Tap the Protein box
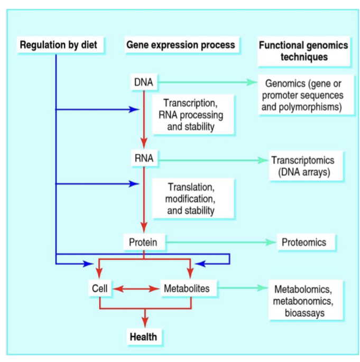point(144,243)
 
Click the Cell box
point(99,289)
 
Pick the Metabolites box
point(187,289)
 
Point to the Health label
point(144,336)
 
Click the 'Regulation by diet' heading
point(59,45)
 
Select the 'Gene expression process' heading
point(180,45)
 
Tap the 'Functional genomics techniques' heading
point(303,51)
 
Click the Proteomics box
point(303,243)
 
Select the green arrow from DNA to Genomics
point(206,82)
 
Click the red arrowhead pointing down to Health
point(144,323)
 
